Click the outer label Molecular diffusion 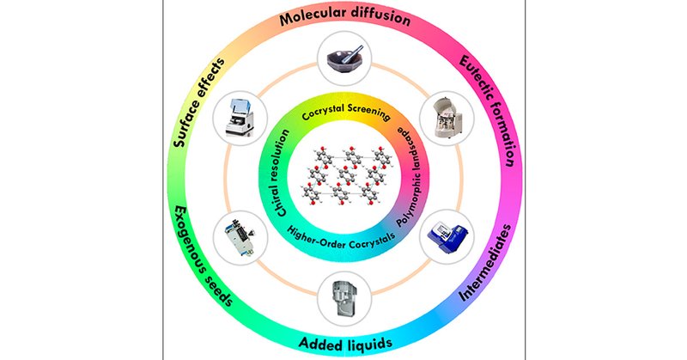[341, 18]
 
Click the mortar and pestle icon [341, 60]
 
